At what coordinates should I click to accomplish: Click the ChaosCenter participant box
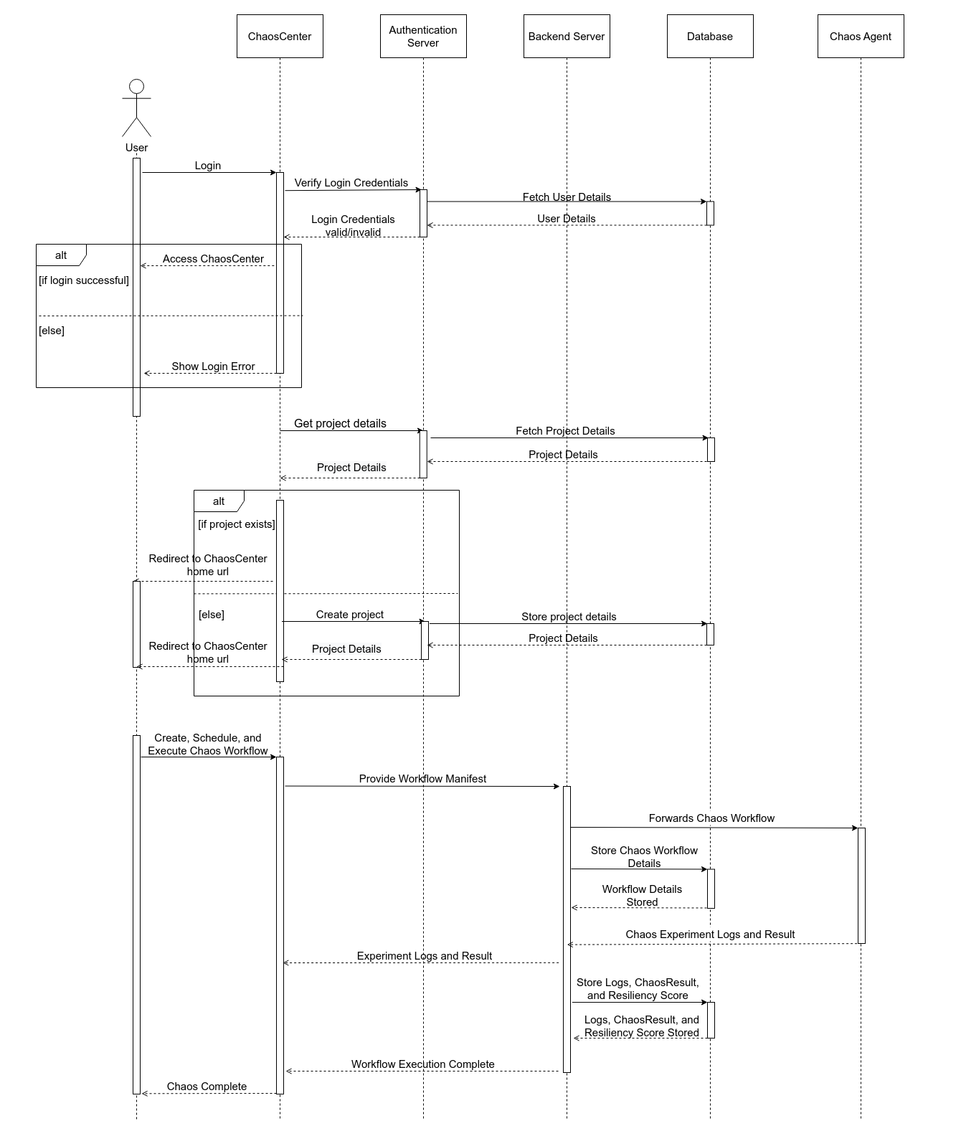pos(280,37)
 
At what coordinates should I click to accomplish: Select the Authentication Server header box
pos(423,37)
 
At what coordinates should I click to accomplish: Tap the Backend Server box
pos(567,37)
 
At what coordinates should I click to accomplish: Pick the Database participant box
pos(710,37)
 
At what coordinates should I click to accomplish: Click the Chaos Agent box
pos(861,37)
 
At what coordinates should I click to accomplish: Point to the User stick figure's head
pos(136,87)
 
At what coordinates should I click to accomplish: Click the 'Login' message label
pos(208,166)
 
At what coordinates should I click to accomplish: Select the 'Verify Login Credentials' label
pos(351,183)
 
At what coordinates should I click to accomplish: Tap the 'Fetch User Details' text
pos(567,197)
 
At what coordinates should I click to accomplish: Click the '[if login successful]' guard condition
pos(84,280)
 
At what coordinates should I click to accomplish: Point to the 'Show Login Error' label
pos(213,366)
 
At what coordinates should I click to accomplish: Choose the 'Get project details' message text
pos(340,424)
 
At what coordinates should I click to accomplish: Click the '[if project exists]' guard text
pos(237,524)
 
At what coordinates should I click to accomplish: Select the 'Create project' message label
pos(350,615)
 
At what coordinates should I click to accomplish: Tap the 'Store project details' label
pos(569,617)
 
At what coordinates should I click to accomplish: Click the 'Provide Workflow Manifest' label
pos(422,779)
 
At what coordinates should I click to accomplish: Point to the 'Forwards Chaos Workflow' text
pos(711,818)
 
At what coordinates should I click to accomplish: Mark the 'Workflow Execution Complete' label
pos(422,1064)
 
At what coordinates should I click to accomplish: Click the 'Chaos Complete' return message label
pos(207,1087)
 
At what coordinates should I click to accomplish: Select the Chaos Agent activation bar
pos(861,885)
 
